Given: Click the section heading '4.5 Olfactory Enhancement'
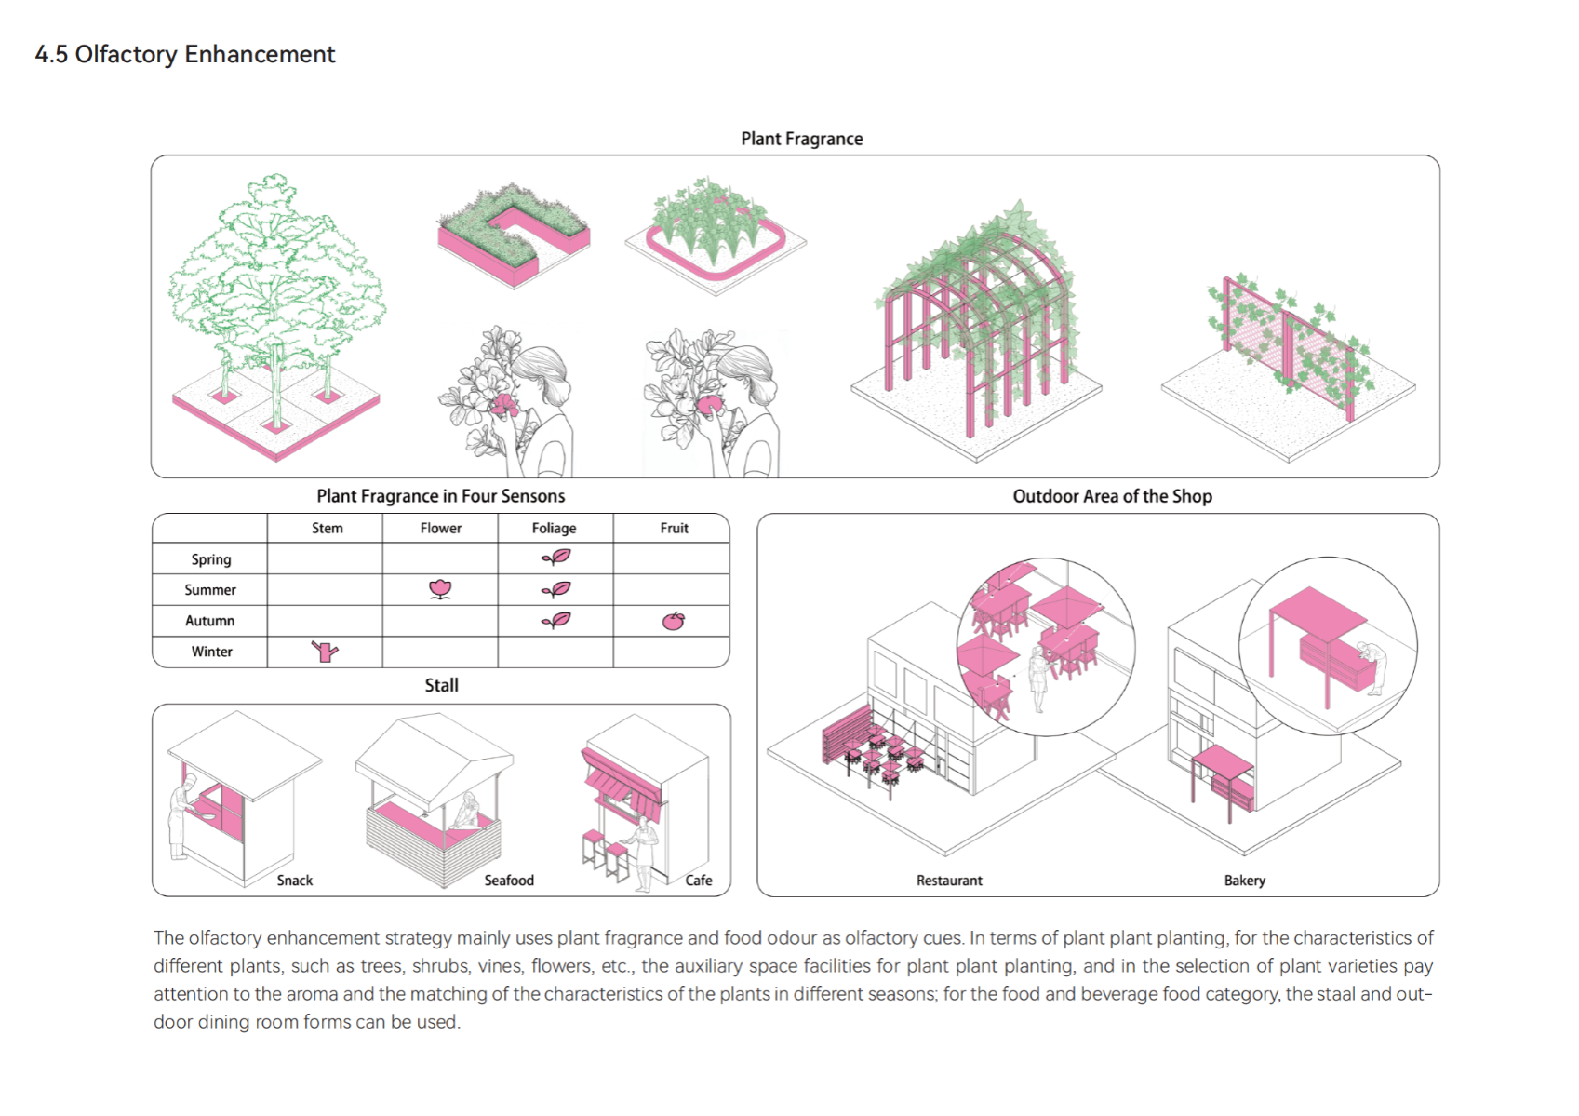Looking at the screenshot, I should [x=185, y=54].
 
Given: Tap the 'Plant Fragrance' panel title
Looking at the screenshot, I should [x=801, y=139].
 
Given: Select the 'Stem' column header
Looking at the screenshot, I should [x=327, y=528].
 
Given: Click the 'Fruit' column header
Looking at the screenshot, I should [x=674, y=528].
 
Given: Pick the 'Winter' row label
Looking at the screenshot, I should [x=211, y=652].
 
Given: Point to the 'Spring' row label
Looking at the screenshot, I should [x=211, y=559].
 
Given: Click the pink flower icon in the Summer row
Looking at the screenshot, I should [x=440, y=589].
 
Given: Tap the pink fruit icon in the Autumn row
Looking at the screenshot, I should [x=673, y=621].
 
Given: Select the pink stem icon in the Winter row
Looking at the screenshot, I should [x=325, y=652].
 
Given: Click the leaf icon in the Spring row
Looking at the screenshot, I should [x=556, y=558].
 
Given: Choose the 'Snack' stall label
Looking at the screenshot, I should [x=294, y=881].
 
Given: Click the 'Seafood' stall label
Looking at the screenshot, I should [x=509, y=881].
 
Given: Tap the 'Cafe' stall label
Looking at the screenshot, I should [x=698, y=881].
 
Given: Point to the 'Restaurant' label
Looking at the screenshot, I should [x=949, y=881].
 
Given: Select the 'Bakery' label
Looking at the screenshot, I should [x=1244, y=881].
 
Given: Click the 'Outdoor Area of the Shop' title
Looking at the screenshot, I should [x=1112, y=496].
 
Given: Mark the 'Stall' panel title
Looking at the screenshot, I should [x=441, y=685].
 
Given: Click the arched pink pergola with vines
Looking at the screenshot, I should [x=977, y=326].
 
